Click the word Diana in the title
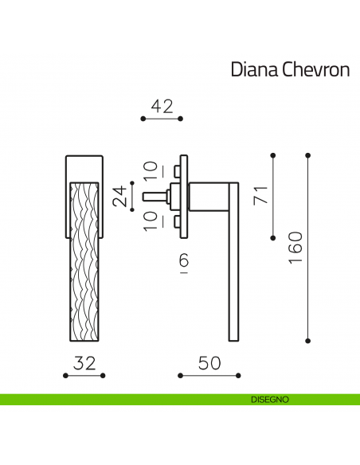(253, 70)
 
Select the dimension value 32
(84, 364)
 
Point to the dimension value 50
(209, 364)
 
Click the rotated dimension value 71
(261, 195)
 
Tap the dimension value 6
(184, 261)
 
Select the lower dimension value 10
(151, 221)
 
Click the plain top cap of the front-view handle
(84, 167)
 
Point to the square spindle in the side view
(153, 195)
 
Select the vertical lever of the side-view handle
(233, 263)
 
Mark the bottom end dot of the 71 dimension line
(273, 235)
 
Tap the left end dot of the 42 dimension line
(143, 119)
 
